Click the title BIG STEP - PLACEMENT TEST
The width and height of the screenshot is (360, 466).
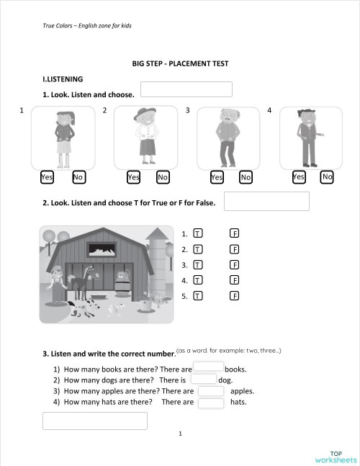tap(180, 63)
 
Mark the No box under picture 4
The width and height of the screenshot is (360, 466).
tap(327, 176)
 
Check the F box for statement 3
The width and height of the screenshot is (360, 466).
tap(235, 265)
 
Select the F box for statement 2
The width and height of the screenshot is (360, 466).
tap(235, 249)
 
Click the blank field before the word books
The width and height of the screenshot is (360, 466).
tap(209, 367)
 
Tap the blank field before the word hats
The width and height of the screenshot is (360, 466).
tap(211, 403)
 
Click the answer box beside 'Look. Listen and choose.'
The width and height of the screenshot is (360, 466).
tap(186, 89)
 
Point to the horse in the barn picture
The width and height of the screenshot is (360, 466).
tap(90, 281)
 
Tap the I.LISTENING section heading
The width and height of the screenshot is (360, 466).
tap(63, 79)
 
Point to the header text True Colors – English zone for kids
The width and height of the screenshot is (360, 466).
tap(87, 26)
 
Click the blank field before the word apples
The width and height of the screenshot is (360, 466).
tap(211, 391)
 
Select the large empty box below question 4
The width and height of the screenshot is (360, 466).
tap(95, 421)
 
